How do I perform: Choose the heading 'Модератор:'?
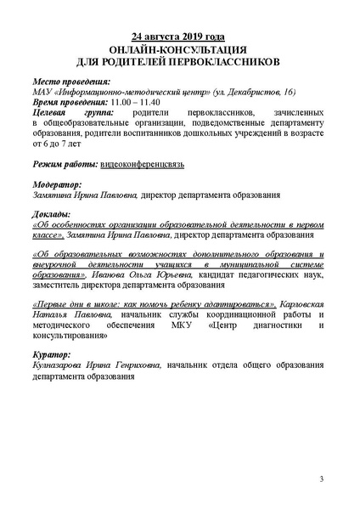(56, 184)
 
